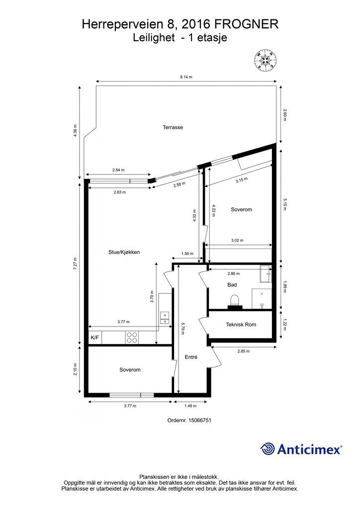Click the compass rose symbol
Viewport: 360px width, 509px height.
[x=266, y=61]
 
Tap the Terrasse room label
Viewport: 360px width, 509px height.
[x=173, y=128]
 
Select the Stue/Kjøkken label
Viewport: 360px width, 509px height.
[x=124, y=252]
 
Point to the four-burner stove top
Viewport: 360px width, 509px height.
[x=132, y=338]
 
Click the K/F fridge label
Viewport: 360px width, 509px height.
[x=95, y=338]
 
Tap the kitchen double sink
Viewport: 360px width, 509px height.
[x=165, y=318]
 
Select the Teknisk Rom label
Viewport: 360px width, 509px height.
[x=241, y=324]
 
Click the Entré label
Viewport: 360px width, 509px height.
[x=191, y=357]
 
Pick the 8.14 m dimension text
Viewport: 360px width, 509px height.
[x=186, y=77]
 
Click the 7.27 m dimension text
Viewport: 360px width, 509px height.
[x=75, y=263]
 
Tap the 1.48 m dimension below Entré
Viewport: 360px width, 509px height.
[x=190, y=406]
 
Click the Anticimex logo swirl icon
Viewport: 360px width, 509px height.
[x=268, y=449]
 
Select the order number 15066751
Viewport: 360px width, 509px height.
[x=200, y=420]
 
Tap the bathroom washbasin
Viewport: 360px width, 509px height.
[x=266, y=274]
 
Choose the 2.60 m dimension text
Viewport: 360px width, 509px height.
[x=285, y=115]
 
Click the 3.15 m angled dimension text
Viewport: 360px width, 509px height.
[x=242, y=180]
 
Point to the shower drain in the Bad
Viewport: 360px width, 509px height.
[x=262, y=294]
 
